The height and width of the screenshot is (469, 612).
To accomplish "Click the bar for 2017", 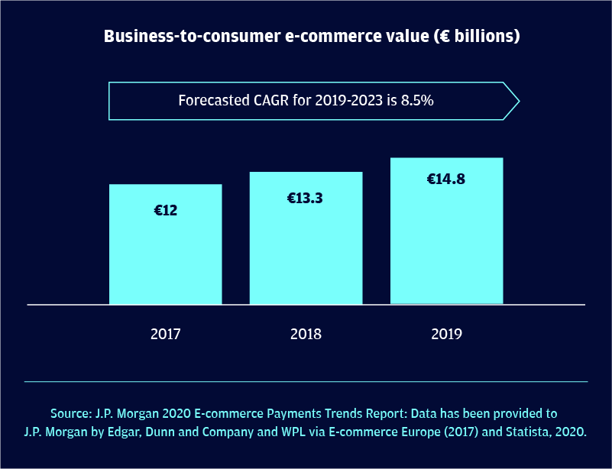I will (x=166, y=252).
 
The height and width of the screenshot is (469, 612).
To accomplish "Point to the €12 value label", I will (x=166, y=210).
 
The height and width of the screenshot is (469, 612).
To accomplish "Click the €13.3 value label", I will (x=306, y=199).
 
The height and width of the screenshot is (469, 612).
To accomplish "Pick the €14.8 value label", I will (x=446, y=180).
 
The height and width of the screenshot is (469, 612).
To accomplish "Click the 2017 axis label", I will (x=166, y=334).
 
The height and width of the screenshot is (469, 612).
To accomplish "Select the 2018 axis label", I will (x=306, y=334).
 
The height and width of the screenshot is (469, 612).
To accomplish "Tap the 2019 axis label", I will (x=447, y=334).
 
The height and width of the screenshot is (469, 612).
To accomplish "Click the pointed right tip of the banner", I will (x=517, y=100).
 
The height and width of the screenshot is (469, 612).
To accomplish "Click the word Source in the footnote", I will (x=72, y=414).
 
